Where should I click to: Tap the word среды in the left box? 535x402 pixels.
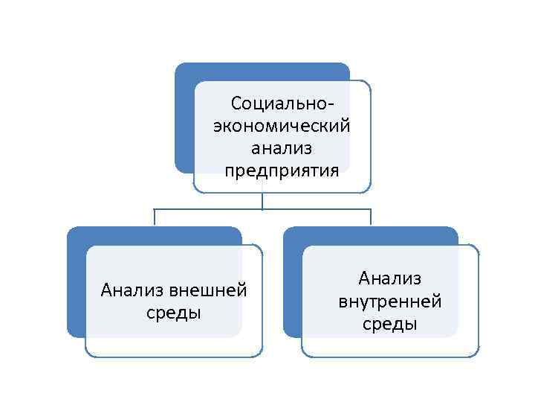[x=174, y=312]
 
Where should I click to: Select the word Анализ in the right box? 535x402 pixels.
[x=390, y=278]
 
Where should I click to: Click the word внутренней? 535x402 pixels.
[x=390, y=301]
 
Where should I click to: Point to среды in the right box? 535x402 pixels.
[x=390, y=325]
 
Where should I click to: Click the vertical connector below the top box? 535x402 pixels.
[x=262, y=201]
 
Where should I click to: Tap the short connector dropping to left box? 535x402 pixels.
[x=155, y=217]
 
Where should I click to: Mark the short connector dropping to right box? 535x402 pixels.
[x=371, y=217]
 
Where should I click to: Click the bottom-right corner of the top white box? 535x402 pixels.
[x=369, y=191]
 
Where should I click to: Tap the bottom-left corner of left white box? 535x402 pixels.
[x=86, y=355]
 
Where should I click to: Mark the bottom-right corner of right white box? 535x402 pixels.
[x=478, y=355]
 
